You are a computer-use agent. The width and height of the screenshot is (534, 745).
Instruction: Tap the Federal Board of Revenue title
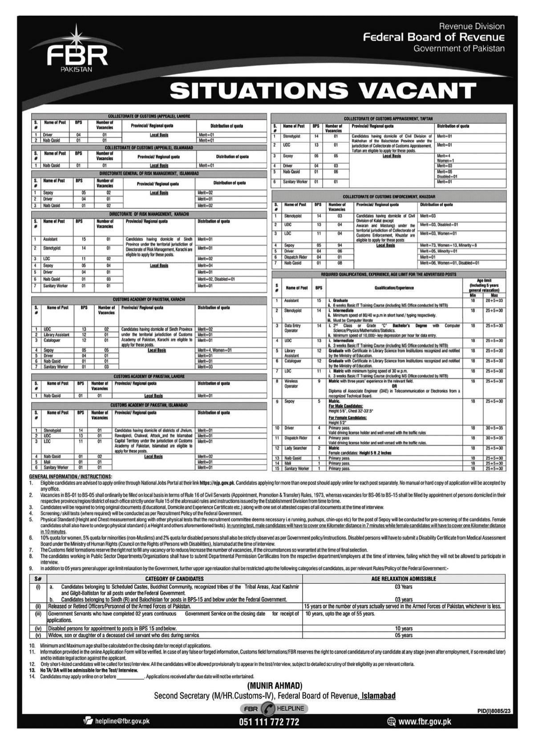(x=433, y=37)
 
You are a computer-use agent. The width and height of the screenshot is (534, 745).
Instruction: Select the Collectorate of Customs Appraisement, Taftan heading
(x=388, y=119)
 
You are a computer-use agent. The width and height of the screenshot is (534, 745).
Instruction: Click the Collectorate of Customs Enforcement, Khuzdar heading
(x=388, y=196)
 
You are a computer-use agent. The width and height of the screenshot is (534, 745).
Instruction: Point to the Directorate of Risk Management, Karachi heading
(x=149, y=214)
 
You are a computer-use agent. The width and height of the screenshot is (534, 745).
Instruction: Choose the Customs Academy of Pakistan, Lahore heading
(x=149, y=376)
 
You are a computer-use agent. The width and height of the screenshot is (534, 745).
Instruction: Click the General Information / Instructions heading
(x=71, y=477)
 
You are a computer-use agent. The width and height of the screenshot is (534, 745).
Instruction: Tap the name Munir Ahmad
(x=274, y=685)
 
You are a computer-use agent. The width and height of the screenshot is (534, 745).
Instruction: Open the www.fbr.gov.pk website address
(x=425, y=721)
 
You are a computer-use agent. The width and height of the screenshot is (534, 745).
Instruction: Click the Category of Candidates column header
(x=174, y=579)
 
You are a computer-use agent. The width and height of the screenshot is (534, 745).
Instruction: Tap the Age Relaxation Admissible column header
(x=403, y=579)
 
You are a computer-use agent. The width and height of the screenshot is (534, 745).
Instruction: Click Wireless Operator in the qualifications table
(x=291, y=384)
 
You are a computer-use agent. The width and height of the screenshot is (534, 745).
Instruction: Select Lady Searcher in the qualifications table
(x=295, y=448)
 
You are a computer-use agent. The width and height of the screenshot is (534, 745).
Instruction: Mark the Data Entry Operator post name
(x=292, y=328)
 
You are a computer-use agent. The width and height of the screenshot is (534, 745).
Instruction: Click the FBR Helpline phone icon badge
(x=268, y=708)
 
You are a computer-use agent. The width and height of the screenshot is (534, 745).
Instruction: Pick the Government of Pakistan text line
(x=459, y=49)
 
